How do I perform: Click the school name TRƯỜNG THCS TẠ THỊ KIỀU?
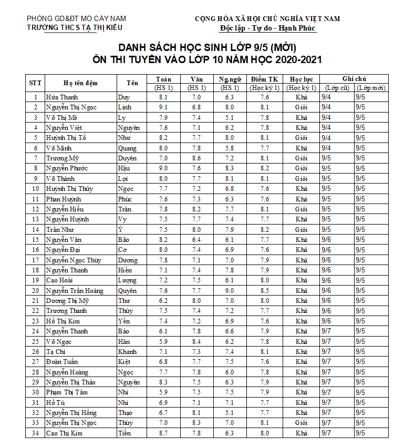(76, 28)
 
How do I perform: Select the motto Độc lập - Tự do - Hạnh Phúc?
(267, 28)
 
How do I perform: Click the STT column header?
(35, 83)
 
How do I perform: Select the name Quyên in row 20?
(127, 291)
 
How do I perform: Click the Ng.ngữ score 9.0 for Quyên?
(230, 291)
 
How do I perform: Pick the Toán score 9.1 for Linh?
(163, 107)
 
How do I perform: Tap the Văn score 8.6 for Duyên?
(196, 158)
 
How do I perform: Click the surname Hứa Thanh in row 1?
(62, 97)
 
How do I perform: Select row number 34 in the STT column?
(35, 433)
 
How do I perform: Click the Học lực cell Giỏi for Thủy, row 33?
(301, 423)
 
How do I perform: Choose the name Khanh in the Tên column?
(128, 352)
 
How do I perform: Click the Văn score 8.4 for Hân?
(196, 342)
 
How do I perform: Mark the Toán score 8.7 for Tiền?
(163, 433)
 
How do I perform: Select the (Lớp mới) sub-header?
(370, 88)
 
